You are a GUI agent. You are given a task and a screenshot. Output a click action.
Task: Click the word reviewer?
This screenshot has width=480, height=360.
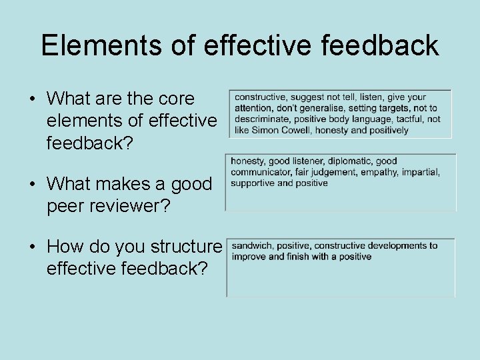pos(133,206)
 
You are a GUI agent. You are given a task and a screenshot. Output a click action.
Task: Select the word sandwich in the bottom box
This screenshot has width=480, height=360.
pos(252,245)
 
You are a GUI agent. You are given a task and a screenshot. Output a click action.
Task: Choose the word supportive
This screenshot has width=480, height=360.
pos(252,183)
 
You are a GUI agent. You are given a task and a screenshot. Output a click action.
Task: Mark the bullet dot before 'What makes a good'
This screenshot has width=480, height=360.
pos(32,185)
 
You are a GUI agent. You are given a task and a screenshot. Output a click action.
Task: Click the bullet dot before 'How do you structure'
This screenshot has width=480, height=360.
pos(32,247)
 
